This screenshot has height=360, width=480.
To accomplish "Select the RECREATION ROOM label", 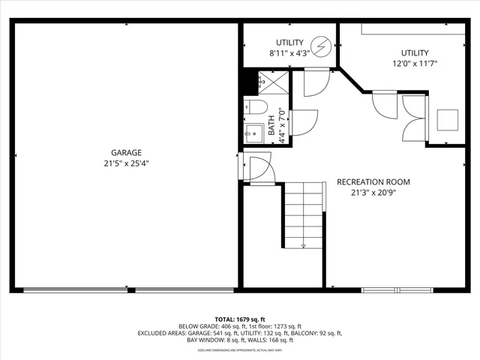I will (x=373, y=182).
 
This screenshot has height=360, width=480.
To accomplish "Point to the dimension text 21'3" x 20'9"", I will (x=373, y=193).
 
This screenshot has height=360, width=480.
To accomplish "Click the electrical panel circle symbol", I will (x=322, y=48).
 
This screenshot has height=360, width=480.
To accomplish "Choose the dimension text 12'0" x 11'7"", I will (x=415, y=64).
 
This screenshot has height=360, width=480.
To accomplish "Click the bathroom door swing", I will (x=301, y=122).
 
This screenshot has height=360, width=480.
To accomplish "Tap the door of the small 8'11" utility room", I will (x=316, y=83).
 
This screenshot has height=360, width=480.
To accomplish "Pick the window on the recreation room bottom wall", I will (x=398, y=289).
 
